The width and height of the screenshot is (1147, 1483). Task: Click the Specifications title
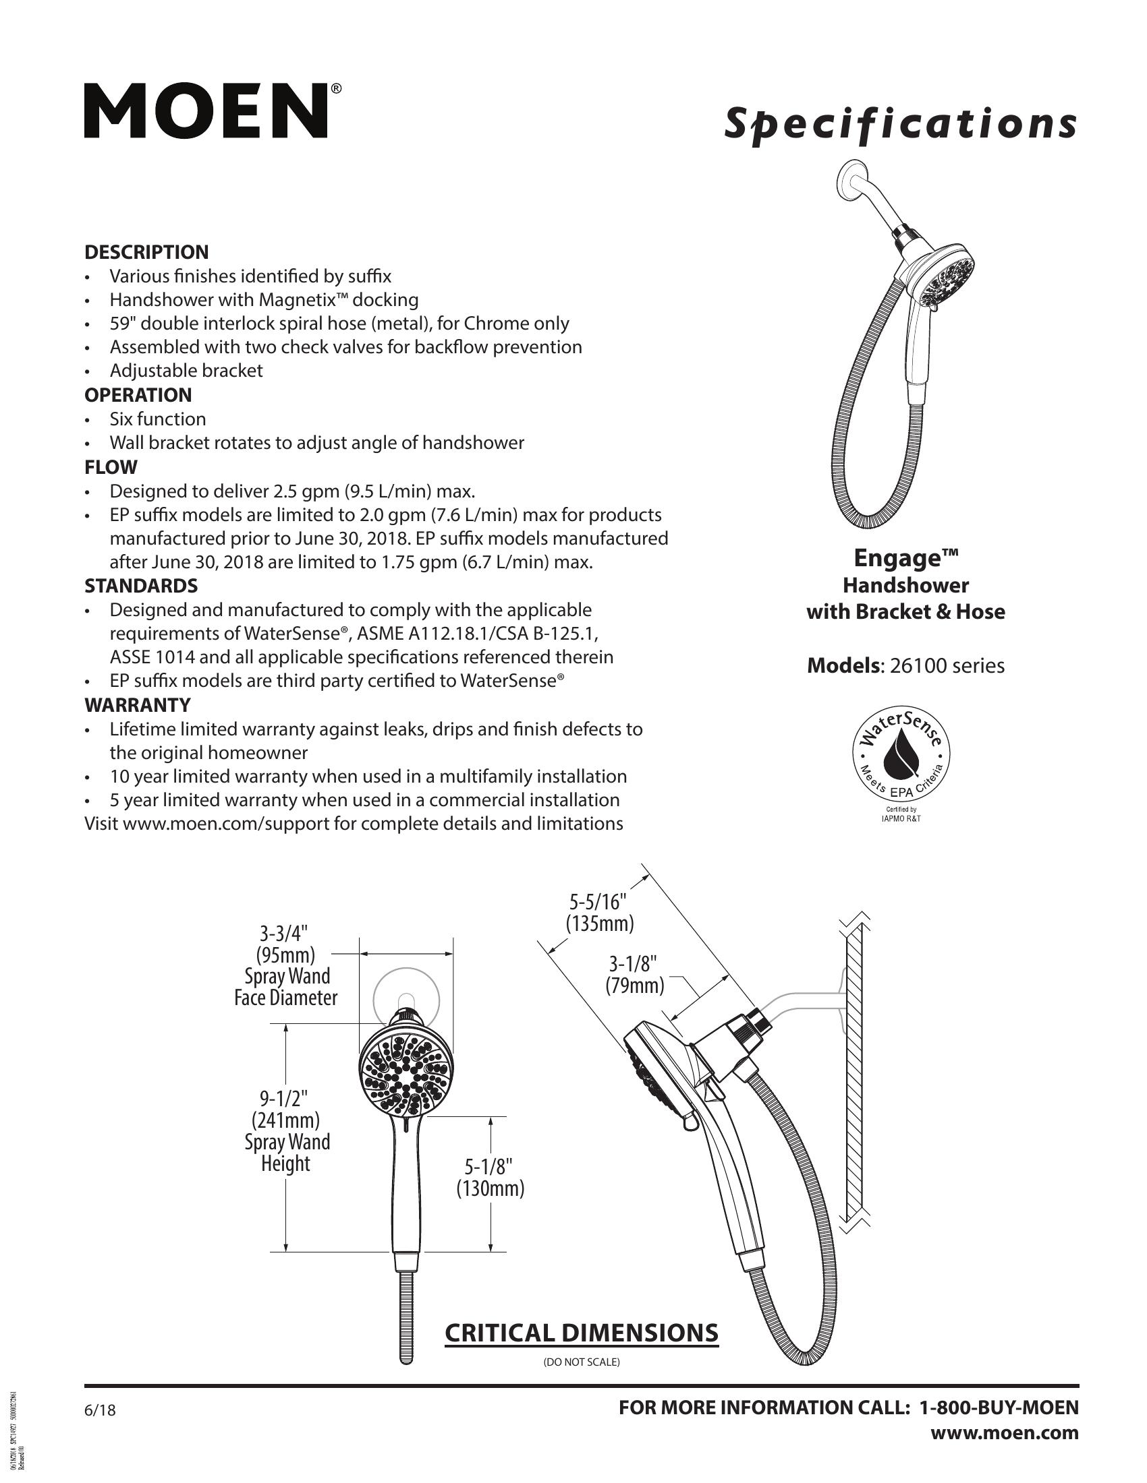tap(899, 124)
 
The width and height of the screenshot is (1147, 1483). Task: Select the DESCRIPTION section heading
tap(146, 252)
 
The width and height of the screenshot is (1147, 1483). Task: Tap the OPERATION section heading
tap(138, 394)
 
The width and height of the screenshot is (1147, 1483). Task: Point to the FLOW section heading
tap(111, 467)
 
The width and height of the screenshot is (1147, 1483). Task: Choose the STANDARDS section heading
tap(141, 585)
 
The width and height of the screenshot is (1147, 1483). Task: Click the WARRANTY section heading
tap(137, 705)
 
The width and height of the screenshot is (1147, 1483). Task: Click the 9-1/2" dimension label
tap(285, 1097)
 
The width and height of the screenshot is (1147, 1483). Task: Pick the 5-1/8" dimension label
tap(489, 1167)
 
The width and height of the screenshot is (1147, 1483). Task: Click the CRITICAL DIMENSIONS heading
tap(581, 1333)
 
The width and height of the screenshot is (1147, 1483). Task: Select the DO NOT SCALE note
tap(581, 1362)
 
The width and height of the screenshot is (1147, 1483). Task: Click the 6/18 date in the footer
tap(100, 1410)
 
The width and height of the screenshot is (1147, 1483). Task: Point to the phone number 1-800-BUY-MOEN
tap(998, 1408)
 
